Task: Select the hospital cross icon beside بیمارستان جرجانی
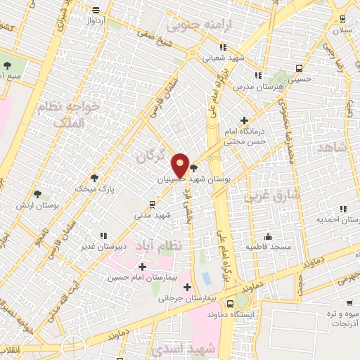click(x=187, y=287)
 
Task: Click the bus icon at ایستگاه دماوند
click(x=231, y=304)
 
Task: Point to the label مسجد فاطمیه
click(x=269, y=247)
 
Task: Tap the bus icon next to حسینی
click(x=300, y=69)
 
